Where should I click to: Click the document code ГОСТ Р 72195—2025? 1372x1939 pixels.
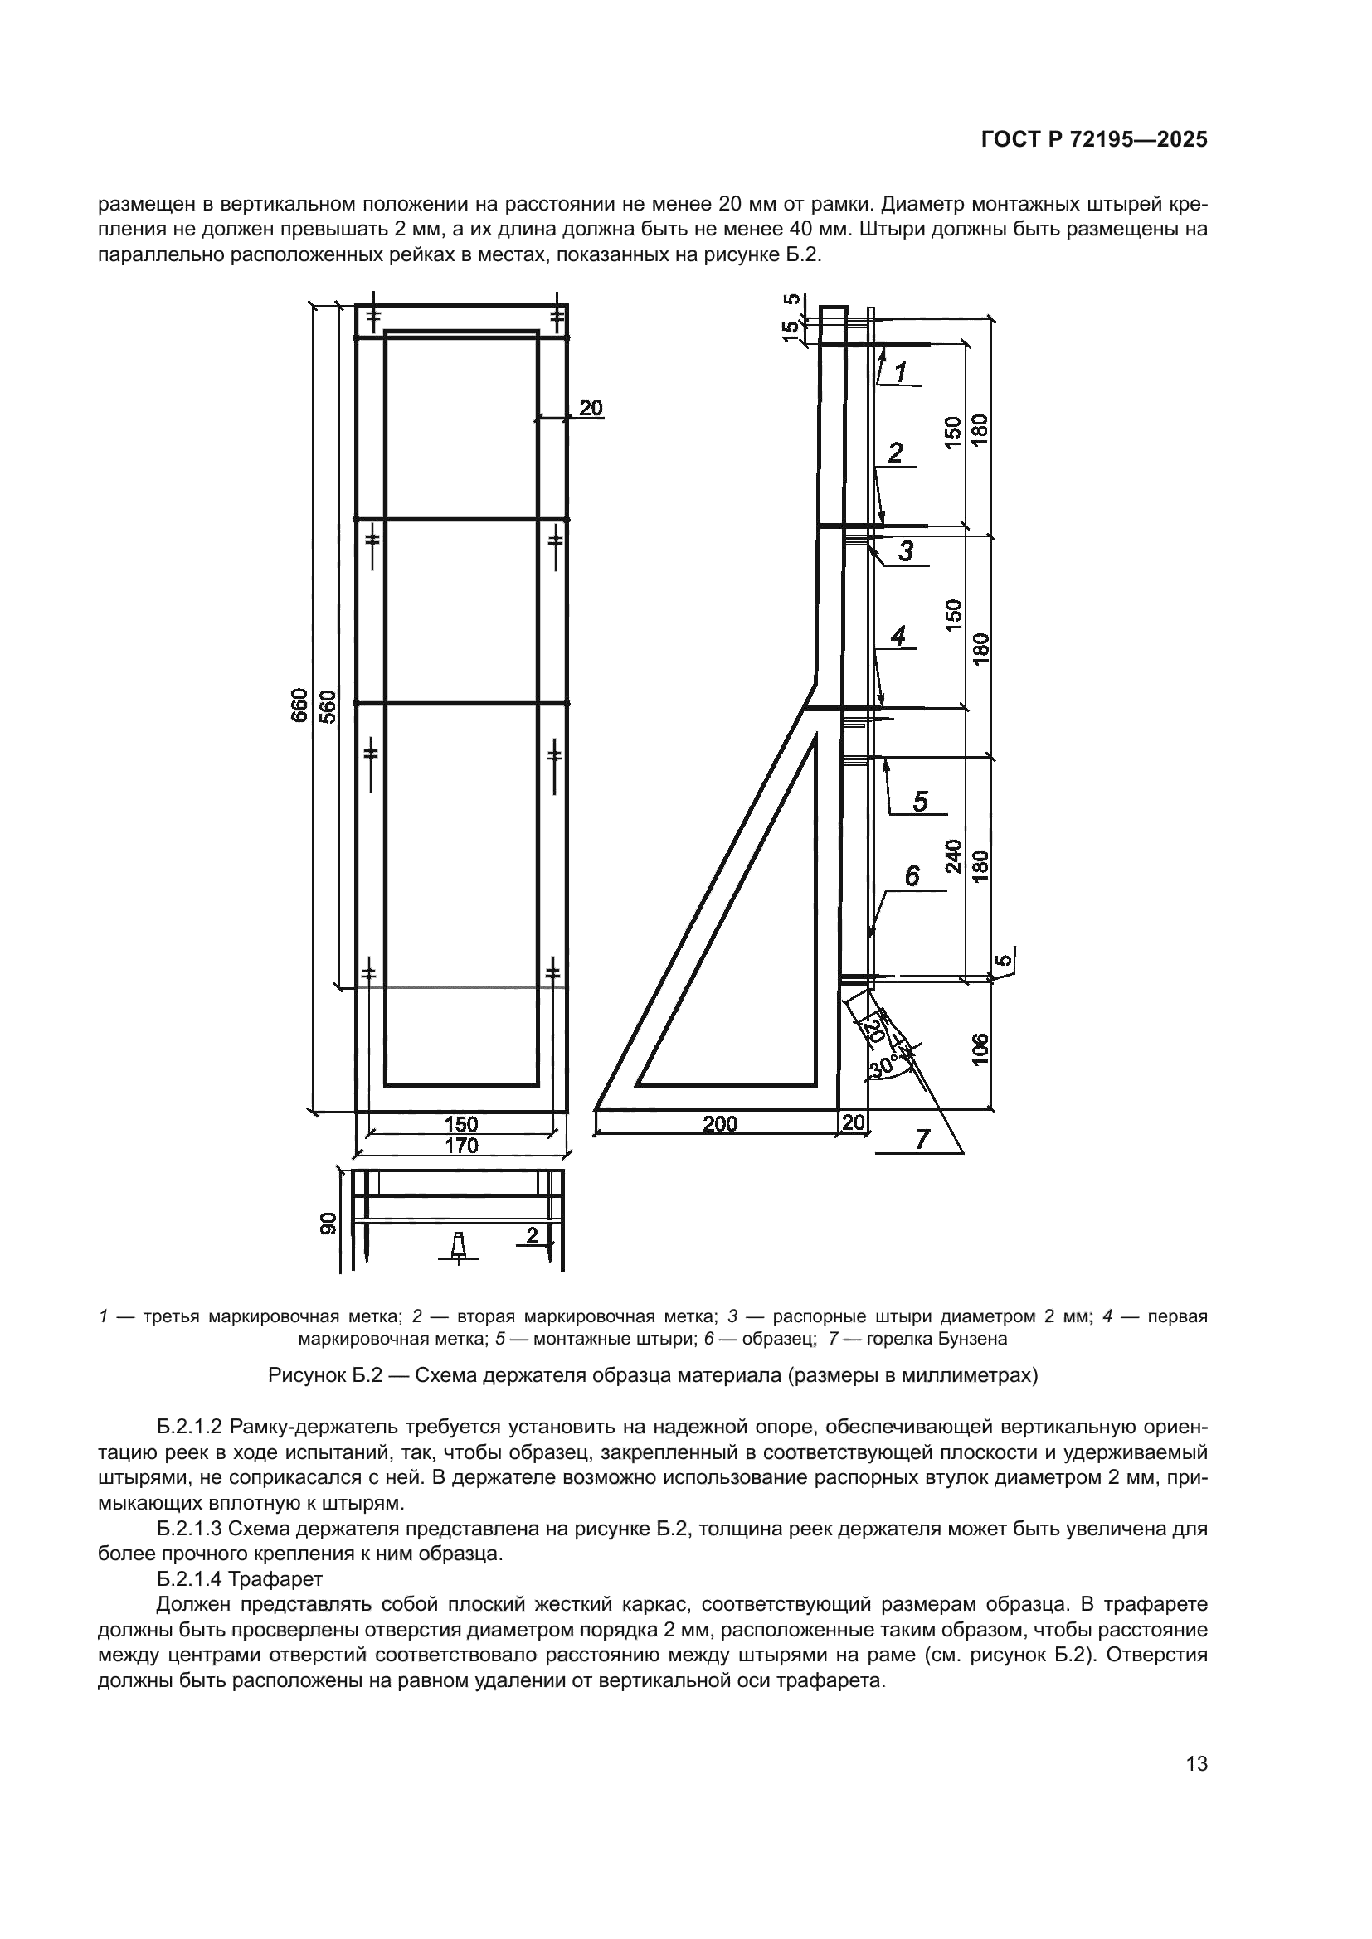(x=1094, y=140)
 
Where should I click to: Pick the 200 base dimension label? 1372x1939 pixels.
(x=720, y=1124)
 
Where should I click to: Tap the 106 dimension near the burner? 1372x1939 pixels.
(x=979, y=1048)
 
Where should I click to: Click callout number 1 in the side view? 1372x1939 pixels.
(x=901, y=371)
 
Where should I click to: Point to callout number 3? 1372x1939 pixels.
(x=905, y=551)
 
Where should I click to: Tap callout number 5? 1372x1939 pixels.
(x=920, y=801)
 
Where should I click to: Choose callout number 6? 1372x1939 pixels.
(x=912, y=876)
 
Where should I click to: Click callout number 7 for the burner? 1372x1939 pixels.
(x=922, y=1140)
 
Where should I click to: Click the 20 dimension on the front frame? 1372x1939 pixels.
(x=591, y=408)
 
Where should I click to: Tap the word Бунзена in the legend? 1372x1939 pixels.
(x=975, y=1339)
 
